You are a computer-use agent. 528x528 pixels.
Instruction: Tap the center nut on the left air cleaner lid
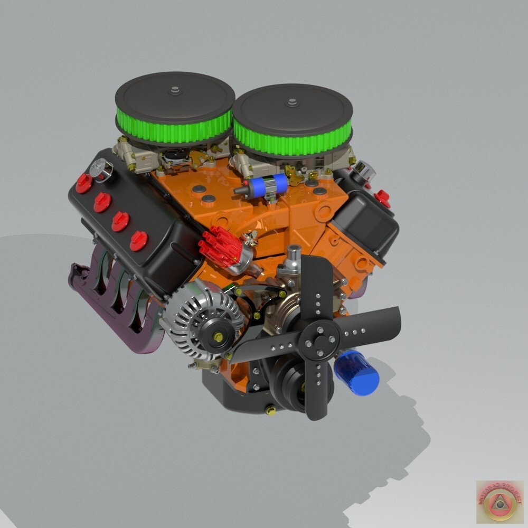coord(175,90)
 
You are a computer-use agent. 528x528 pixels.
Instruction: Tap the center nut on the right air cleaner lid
coord(292,102)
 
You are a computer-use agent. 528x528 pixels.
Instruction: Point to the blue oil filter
coord(357,373)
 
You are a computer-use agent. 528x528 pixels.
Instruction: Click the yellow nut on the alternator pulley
coord(218,336)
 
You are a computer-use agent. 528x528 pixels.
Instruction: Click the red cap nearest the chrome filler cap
coord(84,183)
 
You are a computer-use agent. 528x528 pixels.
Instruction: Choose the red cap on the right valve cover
coord(382,199)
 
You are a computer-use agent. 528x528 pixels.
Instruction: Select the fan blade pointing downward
coord(316,391)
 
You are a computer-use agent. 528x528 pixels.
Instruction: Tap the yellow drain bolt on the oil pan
coord(271,410)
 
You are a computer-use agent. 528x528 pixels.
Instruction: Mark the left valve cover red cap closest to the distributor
coord(139,241)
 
